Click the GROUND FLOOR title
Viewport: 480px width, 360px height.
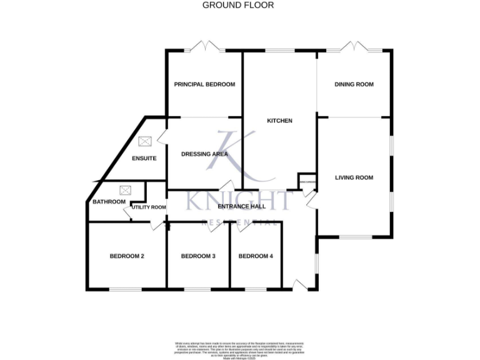click(238, 5)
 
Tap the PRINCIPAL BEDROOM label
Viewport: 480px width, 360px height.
click(204, 84)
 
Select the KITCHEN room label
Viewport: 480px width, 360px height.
click(279, 121)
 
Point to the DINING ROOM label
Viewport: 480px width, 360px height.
click(354, 84)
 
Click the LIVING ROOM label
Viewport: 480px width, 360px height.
click(354, 177)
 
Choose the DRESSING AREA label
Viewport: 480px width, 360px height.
click(204, 154)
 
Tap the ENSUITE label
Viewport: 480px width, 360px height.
click(144, 158)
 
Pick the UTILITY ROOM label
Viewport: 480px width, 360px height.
click(149, 207)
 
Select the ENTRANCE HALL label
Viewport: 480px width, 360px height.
click(241, 206)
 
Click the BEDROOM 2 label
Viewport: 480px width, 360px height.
click(127, 256)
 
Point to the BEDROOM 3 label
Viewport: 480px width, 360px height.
click(198, 256)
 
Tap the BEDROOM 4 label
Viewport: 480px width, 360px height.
click(256, 256)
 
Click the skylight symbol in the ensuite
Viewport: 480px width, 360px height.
click(145, 142)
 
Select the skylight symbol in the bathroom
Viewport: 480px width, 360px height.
click(124, 189)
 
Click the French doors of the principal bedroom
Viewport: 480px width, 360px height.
click(204, 47)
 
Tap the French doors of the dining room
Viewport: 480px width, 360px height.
click(354, 47)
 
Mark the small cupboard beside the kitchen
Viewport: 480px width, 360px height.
click(307, 181)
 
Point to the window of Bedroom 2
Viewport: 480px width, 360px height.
click(127, 288)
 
